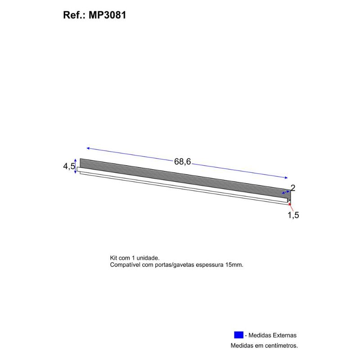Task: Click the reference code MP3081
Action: point(107,15)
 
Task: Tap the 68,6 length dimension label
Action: point(182,162)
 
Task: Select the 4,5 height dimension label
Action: point(69,166)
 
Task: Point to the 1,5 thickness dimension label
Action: point(293,215)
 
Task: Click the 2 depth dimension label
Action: point(293,188)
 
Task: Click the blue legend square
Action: point(238,335)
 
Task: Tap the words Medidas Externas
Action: point(272,335)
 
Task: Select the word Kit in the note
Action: point(113,258)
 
